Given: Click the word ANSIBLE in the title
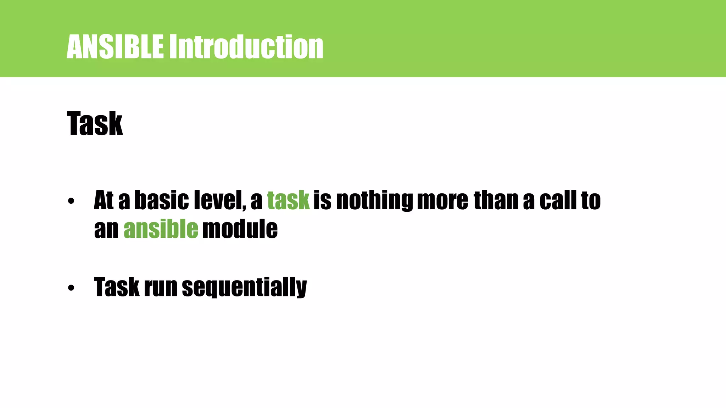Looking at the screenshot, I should [115, 47].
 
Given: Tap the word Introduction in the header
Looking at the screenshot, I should [246, 47].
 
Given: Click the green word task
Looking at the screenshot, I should [288, 200].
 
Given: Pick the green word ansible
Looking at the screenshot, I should [161, 229].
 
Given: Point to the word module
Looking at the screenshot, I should [240, 229].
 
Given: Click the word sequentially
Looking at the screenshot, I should [244, 287].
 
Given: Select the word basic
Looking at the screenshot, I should [162, 200].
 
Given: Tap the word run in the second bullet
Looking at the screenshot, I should [160, 287].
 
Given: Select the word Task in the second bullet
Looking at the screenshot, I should [117, 287].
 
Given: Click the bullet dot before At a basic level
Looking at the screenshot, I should [71, 201].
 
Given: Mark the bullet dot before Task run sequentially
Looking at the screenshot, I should [71, 288].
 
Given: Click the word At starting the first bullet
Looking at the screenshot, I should [104, 200].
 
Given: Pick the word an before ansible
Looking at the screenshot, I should [106, 229].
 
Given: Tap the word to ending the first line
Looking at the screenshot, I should [591, 200].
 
